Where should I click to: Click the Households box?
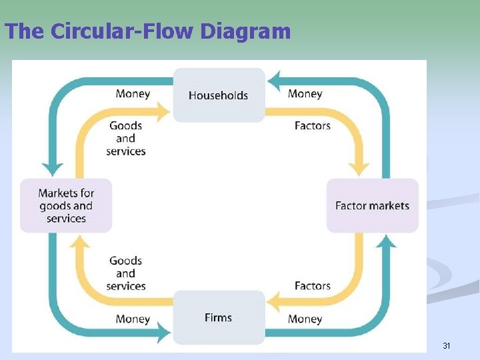click(219, 95)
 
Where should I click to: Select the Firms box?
click(219, 317)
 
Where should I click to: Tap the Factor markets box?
click(372, 205)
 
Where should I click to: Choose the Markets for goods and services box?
click(66, 205)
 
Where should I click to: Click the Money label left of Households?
click(133, 94)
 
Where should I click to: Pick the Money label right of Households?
click(305, 94)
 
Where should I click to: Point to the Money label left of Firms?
click(133, 319)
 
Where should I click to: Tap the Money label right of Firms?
click(305, 319)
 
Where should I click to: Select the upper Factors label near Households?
click(312, 125)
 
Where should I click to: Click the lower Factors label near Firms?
click(312, 286)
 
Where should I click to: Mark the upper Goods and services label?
click(126, 138)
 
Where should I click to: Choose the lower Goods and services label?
click(126, 273)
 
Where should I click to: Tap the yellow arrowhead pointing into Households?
click(163, 111)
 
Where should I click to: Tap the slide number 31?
click(447, 346)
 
